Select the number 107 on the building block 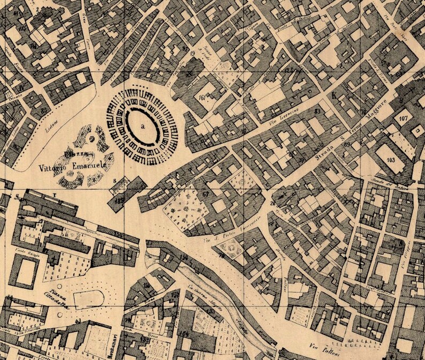[404, 117]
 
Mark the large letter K [335, 97]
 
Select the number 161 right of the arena [202, 98]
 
